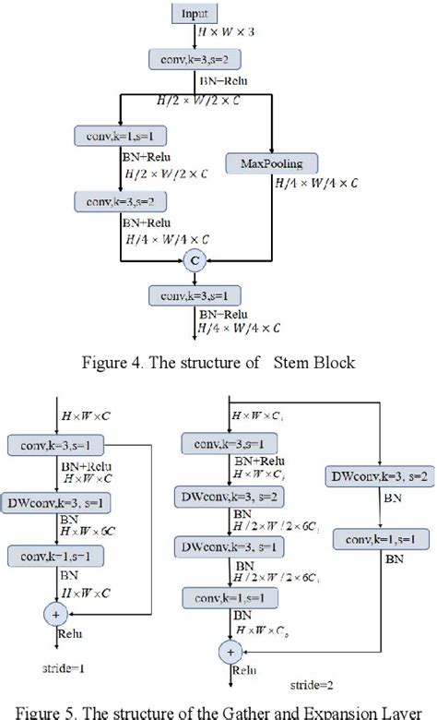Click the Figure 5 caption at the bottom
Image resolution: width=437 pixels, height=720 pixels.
(x=218, y=710)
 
